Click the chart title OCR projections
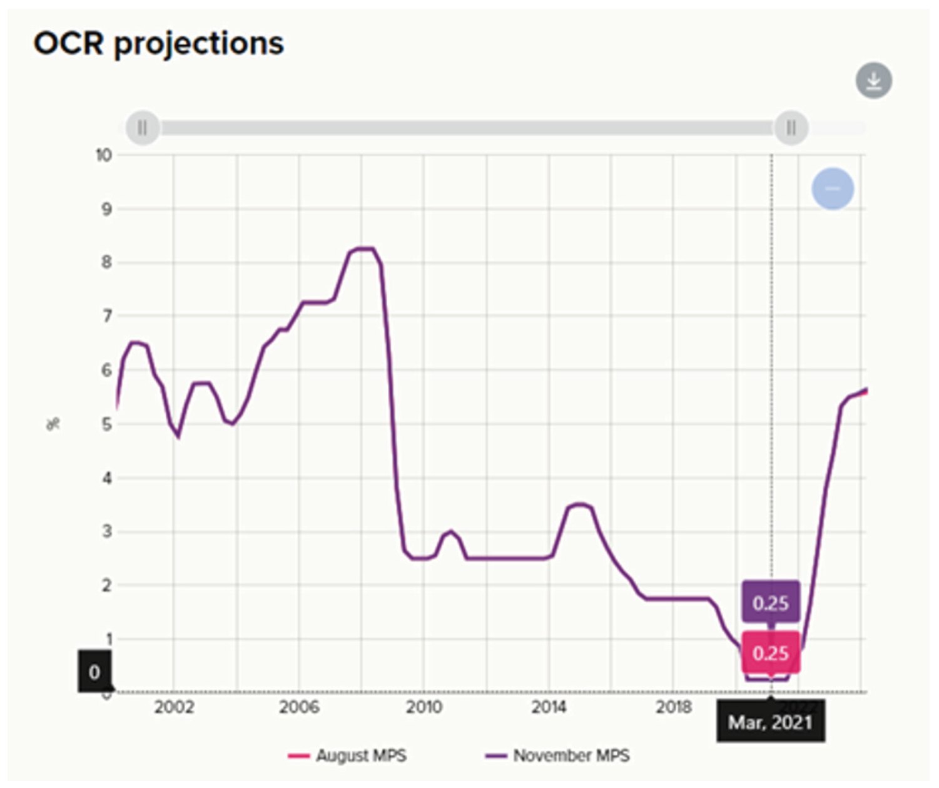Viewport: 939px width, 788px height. click(159, 44)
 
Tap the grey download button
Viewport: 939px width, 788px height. click(873, 81)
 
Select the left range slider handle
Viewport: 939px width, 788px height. click(143, 128)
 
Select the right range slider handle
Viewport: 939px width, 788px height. click(791, 128)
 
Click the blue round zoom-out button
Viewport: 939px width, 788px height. click(833, 188)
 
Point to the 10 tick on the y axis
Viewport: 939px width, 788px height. click(103, 156)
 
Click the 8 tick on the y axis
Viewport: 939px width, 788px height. click(106, 262)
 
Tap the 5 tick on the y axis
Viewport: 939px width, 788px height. click(106, 424)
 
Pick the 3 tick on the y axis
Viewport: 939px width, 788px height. click(106, 531)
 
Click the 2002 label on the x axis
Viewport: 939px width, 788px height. click(173, 707)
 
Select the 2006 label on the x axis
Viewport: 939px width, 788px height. click(298, 707)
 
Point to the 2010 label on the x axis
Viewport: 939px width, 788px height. click(424, 707)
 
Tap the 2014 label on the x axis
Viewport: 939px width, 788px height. click(549, 707)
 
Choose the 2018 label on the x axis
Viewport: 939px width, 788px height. click(673, 707)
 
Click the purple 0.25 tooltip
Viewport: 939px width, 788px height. click(771, 603)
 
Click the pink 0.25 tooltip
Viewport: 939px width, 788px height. click(771, 653)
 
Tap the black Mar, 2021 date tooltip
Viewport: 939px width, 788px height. click(770, 723)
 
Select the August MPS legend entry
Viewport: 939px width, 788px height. click(347, 755)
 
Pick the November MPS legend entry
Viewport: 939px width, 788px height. click(557, 755)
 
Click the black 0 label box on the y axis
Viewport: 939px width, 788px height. click(94, 672)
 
